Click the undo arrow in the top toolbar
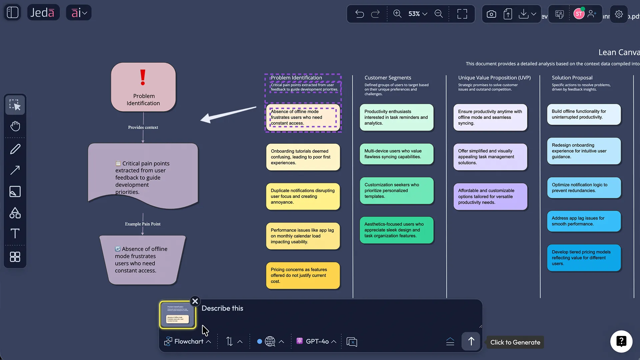(x=359, y=14)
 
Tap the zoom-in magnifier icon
(x=397, y=14)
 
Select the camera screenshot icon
(x=491, y=14)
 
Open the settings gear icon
(x=619, y=14)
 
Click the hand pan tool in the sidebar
(x=15, y=126)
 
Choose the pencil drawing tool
(x=15, y=149)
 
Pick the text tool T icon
(x=15, y=233)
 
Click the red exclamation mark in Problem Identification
(x=143, y=77)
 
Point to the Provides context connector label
(x=143, y=127)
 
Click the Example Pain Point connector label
(x=143, y=224)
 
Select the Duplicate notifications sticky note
(x=303, y=196)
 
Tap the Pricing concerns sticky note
(x=303, y=275)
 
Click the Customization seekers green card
(x=396, y=191)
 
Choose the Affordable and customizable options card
(x=490, y=196)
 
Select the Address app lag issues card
(x=584, y=221)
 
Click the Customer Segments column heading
(x=388, y=78)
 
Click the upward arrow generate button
(x=471, y=341)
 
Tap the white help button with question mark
(x=621, y=341)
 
